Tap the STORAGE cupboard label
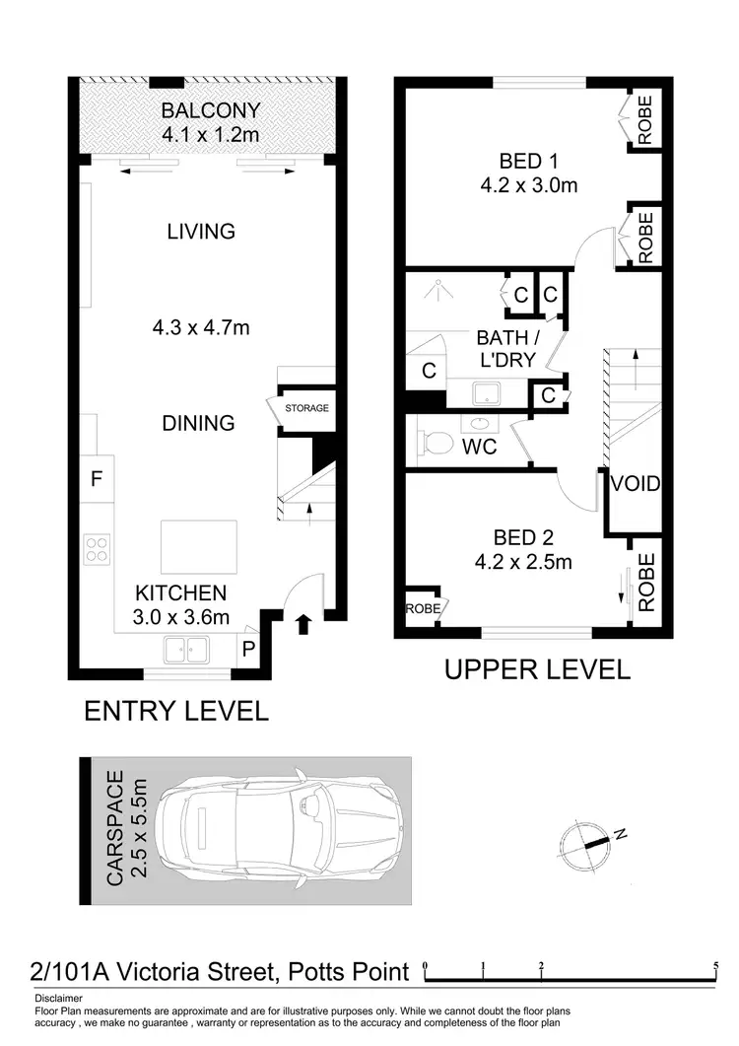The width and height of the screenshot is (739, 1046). click(306, 408)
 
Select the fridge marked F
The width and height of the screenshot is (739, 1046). click(97, 480)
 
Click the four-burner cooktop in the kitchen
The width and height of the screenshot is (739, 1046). click(97, 547)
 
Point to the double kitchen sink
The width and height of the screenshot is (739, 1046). click(185, 650)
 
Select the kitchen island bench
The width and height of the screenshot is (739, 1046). click(199, 546)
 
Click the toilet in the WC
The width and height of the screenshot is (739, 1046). click(434, 442)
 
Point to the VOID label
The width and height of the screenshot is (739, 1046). click(635, 484)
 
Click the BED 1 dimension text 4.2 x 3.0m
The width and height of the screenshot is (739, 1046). click(524, 184)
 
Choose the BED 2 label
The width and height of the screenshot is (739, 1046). click(523, 538)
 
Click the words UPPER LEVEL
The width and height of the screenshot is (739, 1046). click(537, 670)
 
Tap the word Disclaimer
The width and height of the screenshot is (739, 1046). click(57, 998)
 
